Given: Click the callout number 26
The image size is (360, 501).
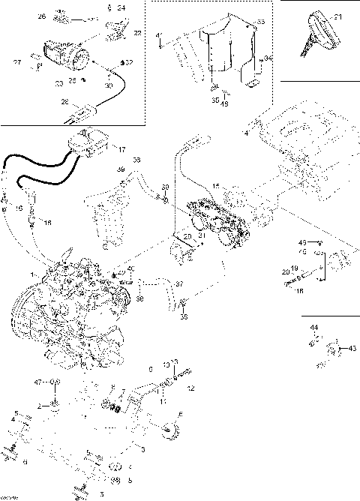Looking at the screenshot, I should pyautogui.click(x=41, y=16).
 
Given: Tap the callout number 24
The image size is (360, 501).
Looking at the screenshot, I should pyautogui.click(x=121, y=7).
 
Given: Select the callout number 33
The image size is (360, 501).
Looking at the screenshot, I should pyautogui.click(x=261, y=22).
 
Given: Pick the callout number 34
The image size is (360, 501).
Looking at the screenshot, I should pyautogui.click(x=268, y=57).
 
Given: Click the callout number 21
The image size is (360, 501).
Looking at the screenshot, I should pyautogui.click(x=337, y=16).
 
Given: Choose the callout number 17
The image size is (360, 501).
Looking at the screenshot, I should pyautogui.click(x=121, y=148).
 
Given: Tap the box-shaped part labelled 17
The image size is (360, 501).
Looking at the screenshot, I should pyautogui.click(x=90, y=142).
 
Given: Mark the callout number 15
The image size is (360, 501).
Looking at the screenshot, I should pyautogui.click(x=215, y=185).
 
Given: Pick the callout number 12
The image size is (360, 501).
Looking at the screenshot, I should pyautogui.click(x=190, y=388).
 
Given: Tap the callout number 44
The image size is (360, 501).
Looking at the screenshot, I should pyautogui.click(x=315, y=328).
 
